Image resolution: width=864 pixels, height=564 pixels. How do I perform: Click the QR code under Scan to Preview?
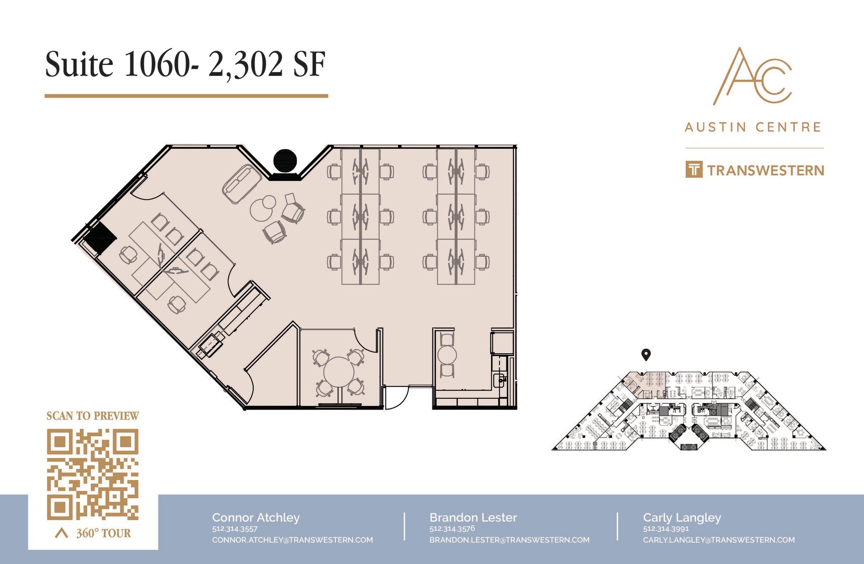click(x=92, y=474)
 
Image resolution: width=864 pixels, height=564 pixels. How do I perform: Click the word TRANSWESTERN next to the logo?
click(x=765, y=171)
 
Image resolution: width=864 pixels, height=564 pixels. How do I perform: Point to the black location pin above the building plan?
click(x=645, y=355)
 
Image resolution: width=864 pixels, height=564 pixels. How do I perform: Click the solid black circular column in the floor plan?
click(x=285, y=161)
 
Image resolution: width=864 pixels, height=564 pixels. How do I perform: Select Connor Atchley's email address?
click(x=292, y=540)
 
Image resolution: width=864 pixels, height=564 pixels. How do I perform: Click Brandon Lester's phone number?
click(x=452, y=529)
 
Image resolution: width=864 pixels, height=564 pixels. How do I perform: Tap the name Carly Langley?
click(x=682, y=517)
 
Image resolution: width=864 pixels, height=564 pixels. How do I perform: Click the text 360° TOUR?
click(x=103, y=533)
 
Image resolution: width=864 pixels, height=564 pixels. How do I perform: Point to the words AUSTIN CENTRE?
click(x=753, y=127)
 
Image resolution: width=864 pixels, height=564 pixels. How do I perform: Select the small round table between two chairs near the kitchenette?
click(x=447, y=355)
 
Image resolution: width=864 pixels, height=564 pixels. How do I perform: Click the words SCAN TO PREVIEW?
click(x=92, y=416)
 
